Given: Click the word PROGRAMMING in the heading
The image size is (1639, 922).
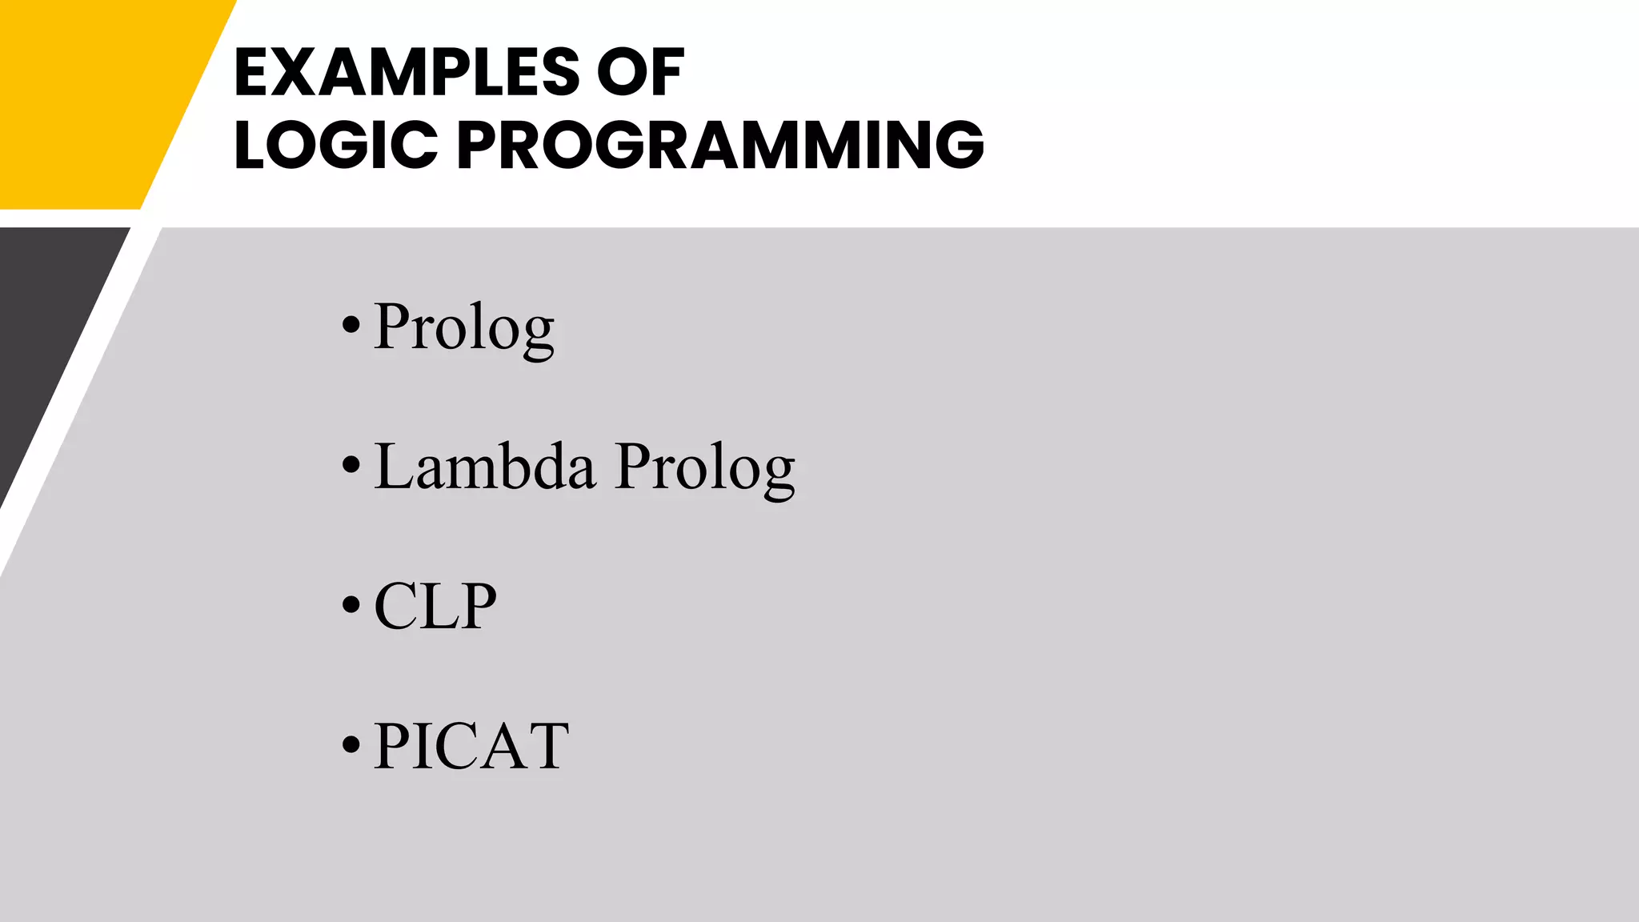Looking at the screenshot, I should (x=720, y=145).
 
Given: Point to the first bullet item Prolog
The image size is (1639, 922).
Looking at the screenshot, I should (x=463, y=327).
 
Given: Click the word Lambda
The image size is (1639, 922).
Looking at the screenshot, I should (x=485, y=467).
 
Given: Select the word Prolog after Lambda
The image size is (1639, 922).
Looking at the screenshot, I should (x=705, y=468).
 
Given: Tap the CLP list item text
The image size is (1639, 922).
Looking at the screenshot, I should (x=435, y=607).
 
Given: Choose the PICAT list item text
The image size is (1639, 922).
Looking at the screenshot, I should (x=471, y=746).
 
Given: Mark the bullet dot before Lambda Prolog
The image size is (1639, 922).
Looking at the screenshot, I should (x=351, y=466).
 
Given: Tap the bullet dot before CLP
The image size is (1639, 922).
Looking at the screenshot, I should (x=351, y=606).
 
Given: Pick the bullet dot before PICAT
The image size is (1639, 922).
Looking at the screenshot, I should (x=351, y=745).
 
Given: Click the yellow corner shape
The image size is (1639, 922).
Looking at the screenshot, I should (x=88, y=96).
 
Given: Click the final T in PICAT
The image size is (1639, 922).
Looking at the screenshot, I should (x=550, y=746).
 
